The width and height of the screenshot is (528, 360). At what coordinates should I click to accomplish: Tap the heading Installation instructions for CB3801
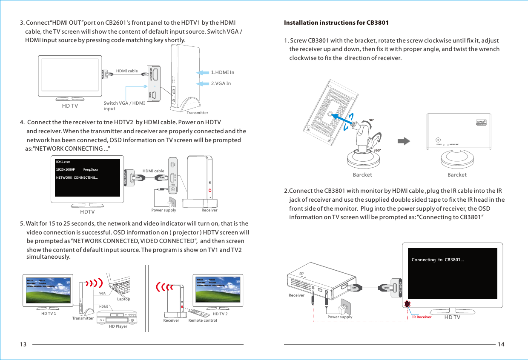[336, 23]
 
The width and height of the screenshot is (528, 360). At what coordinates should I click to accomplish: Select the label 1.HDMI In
[223, 72]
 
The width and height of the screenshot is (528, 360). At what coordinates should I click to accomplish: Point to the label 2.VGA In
[221, 83]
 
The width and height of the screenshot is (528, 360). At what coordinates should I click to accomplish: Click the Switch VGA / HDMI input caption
[124, 106]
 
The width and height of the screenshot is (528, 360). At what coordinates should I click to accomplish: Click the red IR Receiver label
[422, 317]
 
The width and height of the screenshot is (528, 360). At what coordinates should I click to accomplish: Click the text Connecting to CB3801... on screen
[438, 260]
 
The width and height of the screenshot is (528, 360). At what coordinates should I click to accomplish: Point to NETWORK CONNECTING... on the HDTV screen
[77, 177]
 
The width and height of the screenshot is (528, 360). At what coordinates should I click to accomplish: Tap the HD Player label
[118, 326]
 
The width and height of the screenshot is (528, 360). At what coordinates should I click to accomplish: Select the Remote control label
[203, 320]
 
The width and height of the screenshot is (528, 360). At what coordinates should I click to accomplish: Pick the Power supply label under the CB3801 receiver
[340, 317]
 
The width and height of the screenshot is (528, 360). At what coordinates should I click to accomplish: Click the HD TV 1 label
[49, 314]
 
